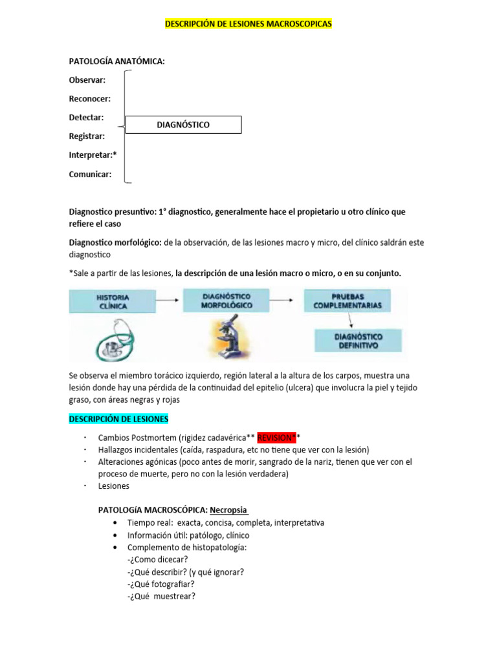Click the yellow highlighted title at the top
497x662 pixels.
point(248,23)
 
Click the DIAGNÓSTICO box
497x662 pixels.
point(183,125)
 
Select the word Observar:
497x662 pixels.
point(87,80)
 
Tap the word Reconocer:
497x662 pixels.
point(89,99)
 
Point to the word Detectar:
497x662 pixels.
point(87,118)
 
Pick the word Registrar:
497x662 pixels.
point(87,136)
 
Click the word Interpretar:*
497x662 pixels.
point(93,155)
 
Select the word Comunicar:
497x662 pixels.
point(90,174)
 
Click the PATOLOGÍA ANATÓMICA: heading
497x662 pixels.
point(116,61)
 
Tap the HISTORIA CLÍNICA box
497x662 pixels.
point(113,302)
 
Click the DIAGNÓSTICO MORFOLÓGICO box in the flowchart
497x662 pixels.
point(226,301)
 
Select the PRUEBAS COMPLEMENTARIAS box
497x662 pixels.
point(348,301)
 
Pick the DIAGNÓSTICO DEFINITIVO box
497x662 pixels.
point(358,341)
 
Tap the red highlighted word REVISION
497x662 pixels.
point(276,438)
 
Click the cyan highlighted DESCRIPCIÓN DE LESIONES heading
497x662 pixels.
point(118,419)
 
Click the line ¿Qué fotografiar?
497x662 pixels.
point(161,584)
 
